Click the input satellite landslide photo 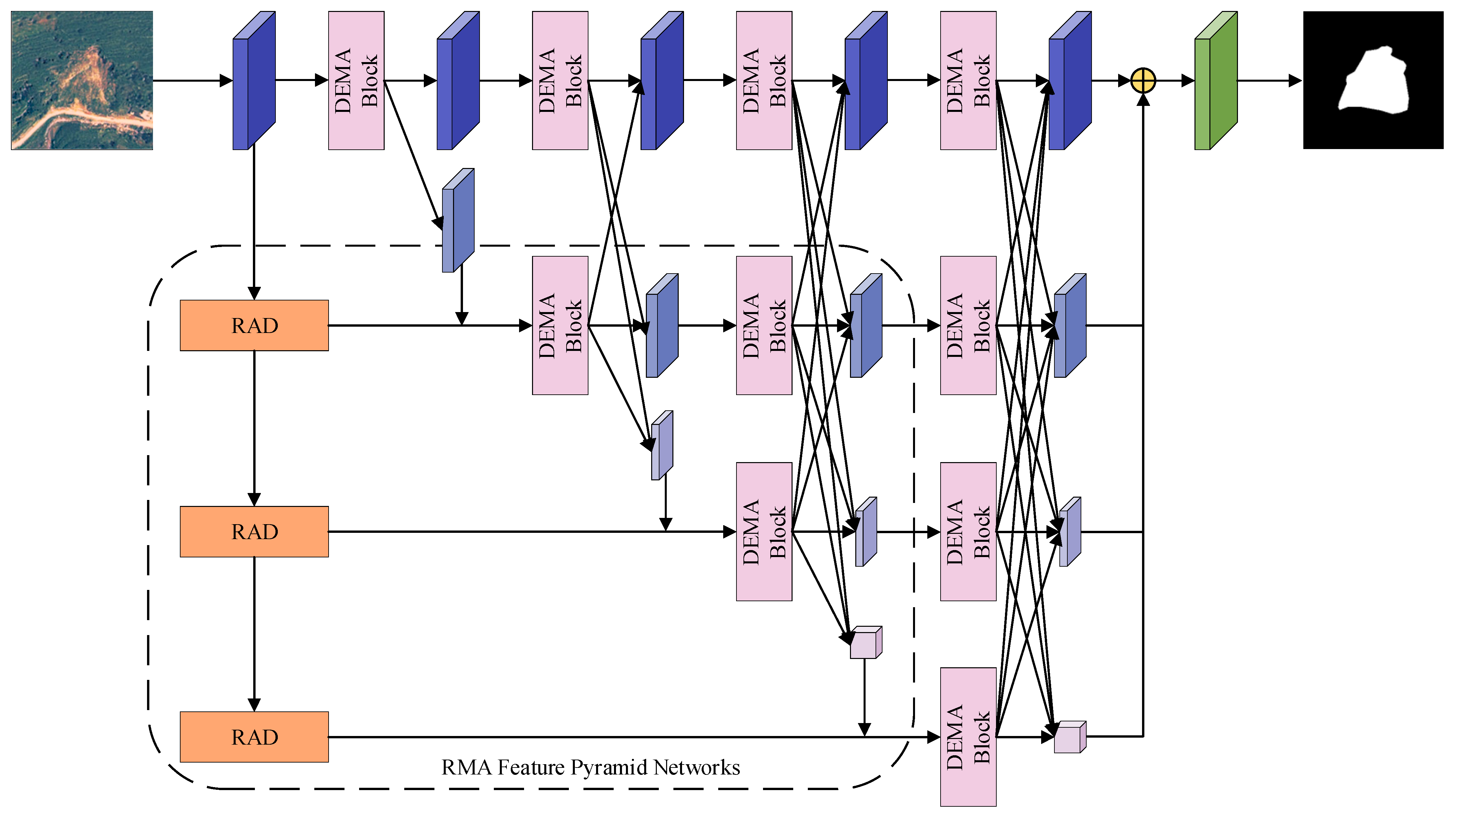[x=82, y=80]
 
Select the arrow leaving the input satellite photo [x=192, y=80]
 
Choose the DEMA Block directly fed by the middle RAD [x=764, y=531]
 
